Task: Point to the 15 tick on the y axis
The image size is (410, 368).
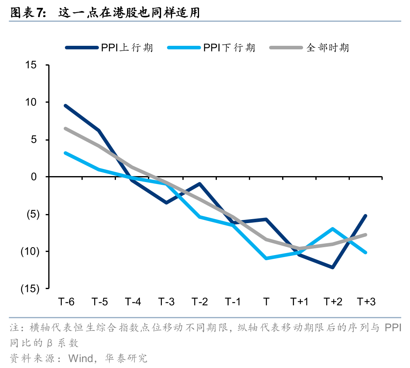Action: (31, 65)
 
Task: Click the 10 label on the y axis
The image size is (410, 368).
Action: (31, 102)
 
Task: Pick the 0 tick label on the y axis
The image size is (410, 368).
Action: (34, 177)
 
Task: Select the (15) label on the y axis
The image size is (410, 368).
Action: (30, 289)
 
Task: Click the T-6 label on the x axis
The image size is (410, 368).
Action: (66, 302)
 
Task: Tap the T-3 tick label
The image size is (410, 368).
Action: (166, 302)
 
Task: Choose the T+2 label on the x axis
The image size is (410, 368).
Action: (333, 302)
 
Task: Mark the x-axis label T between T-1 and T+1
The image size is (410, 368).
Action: (266, 302)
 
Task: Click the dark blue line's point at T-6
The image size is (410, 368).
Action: (65, 105)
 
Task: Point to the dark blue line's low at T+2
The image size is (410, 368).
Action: (333, 267)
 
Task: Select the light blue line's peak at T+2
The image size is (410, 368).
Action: (333, 229)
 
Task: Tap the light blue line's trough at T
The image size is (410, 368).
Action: (266, 258)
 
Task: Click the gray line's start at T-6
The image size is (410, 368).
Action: (65, 128)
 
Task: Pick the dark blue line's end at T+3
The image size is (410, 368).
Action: (366, 216)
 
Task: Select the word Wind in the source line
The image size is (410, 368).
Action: (81, 358)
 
